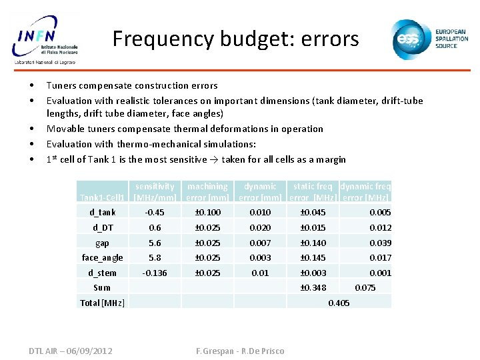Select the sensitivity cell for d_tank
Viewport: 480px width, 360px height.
pos(155,213)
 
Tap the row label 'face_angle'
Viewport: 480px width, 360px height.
pos(102,258)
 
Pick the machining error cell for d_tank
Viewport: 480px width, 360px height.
pos(207,213)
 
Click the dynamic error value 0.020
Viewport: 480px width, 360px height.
pos(260,228)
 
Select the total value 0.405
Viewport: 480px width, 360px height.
pos(339,303)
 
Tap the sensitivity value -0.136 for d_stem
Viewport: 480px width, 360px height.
pos(155,273)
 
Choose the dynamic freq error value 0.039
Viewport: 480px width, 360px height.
pos(380,243)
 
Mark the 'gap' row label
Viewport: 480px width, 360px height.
pos(102,243)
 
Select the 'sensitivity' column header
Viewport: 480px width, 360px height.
pos(155,187)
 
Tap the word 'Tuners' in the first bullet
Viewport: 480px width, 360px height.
pos(61,85)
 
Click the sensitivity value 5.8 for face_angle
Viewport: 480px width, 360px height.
pos(155,258)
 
